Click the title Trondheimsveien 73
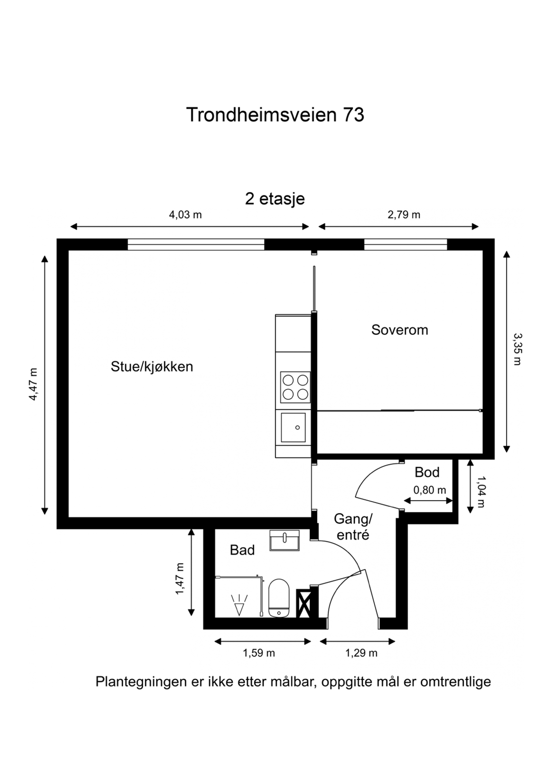[x=275, y=115]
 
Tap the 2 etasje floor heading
[x=275, y=199]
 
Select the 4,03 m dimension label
[x=185, y=214]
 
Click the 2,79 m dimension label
[x=403, y=214]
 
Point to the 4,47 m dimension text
[x=33, y=384]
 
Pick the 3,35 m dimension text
[x=517, y=349]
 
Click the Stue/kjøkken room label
[x=152, y=367]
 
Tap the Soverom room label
[x=399, y=330]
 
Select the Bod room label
[x=427, y=472]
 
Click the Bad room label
[x=242, y=550]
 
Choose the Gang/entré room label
[x=353, y=526]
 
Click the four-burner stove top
[x=295, y=387]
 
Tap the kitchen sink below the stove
[x=293, y=428]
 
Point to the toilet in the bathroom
[x=279, y=598]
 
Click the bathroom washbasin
[x=285, y=540]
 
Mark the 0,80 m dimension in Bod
[x=429, y=490]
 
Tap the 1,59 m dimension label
[x=259, y=653]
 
